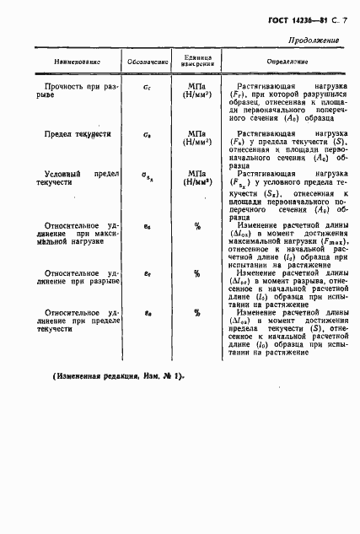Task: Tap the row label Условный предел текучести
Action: [78, 179]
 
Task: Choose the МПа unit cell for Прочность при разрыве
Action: [196, 90]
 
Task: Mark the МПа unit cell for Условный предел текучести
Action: [196, 178]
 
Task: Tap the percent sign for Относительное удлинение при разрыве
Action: [196, 273]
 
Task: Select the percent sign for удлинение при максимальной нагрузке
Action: [196, 225]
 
